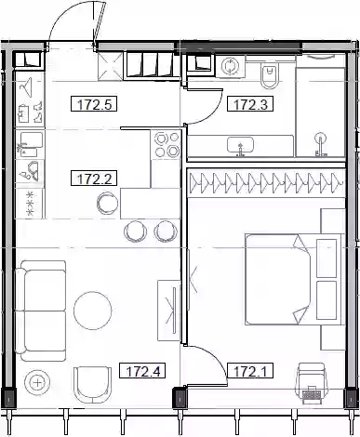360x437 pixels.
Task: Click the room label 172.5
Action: [94, 104]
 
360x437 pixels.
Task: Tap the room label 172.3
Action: [250, 104]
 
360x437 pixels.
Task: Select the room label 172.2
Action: [94, 179]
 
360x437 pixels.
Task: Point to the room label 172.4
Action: [142, 371]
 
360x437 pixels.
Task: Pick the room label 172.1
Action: [250, 371]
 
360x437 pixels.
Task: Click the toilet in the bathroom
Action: [269, 76]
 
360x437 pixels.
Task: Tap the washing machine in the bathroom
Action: [230, 66]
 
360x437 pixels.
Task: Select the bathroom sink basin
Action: [240, 145]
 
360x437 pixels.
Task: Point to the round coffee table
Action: [93, 311]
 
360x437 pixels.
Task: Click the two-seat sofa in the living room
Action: [41, 311]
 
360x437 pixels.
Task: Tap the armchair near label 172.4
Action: [92, 385]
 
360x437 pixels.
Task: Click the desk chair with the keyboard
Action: [311, 384]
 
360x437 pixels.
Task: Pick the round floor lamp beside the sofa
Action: [37, 383]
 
